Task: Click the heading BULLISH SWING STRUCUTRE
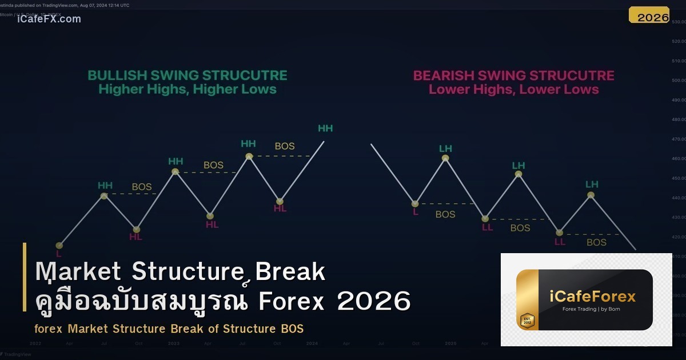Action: click(187, 75)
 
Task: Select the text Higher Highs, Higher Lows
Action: click(187, 89)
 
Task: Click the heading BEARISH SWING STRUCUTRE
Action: click(513, 75)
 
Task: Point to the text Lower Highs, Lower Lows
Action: click(513, 89)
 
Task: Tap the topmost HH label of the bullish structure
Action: click(325, 129)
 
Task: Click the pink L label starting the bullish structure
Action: click(58, 253)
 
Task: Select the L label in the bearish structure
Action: click(416, 212)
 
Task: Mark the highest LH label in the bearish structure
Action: click(445, 149)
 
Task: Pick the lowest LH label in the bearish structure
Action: click(592, 184)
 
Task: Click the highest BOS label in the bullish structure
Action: click(285, 146)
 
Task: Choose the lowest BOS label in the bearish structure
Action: click(596, 242)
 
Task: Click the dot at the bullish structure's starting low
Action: click(59, 245)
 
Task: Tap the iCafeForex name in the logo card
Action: click(592, 296)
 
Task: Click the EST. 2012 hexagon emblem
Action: click(527, 320)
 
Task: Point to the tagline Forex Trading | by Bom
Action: click(592, 309)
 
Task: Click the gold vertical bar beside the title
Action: click(25, 277)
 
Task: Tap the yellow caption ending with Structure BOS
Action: click(169, 329)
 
